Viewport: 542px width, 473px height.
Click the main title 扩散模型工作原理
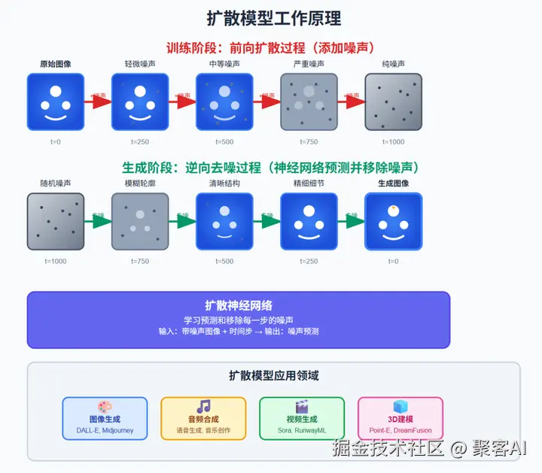pos(273,17)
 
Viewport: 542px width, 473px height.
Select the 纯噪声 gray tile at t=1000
pos(393,102)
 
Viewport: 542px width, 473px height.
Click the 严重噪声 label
pos(309,64)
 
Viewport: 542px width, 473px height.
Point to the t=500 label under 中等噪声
pos(224,141)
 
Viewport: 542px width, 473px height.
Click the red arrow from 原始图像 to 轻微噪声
pos(96,102)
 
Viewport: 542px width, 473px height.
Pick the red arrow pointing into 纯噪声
pos(350,102)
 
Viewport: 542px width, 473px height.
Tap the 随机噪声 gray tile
pos(56,221)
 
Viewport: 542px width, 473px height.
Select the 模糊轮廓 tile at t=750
pos(140,221)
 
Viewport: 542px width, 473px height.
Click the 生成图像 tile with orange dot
pos(393,221)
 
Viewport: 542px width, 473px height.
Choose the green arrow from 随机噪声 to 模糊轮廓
pos(98,221)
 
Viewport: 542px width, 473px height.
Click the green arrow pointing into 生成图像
pos(351,221)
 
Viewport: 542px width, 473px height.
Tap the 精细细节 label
pos(309,183)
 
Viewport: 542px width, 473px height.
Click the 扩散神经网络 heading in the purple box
pos(238,305)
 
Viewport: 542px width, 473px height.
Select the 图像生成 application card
pos(105,418)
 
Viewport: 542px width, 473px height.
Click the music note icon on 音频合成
pos(203,407)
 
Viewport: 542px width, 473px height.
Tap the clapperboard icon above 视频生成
pos(302,407)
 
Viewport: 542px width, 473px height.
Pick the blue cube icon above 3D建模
pos(400,407)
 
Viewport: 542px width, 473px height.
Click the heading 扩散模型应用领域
pos(273,375)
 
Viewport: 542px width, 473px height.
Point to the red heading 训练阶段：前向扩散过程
pos(270,47)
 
